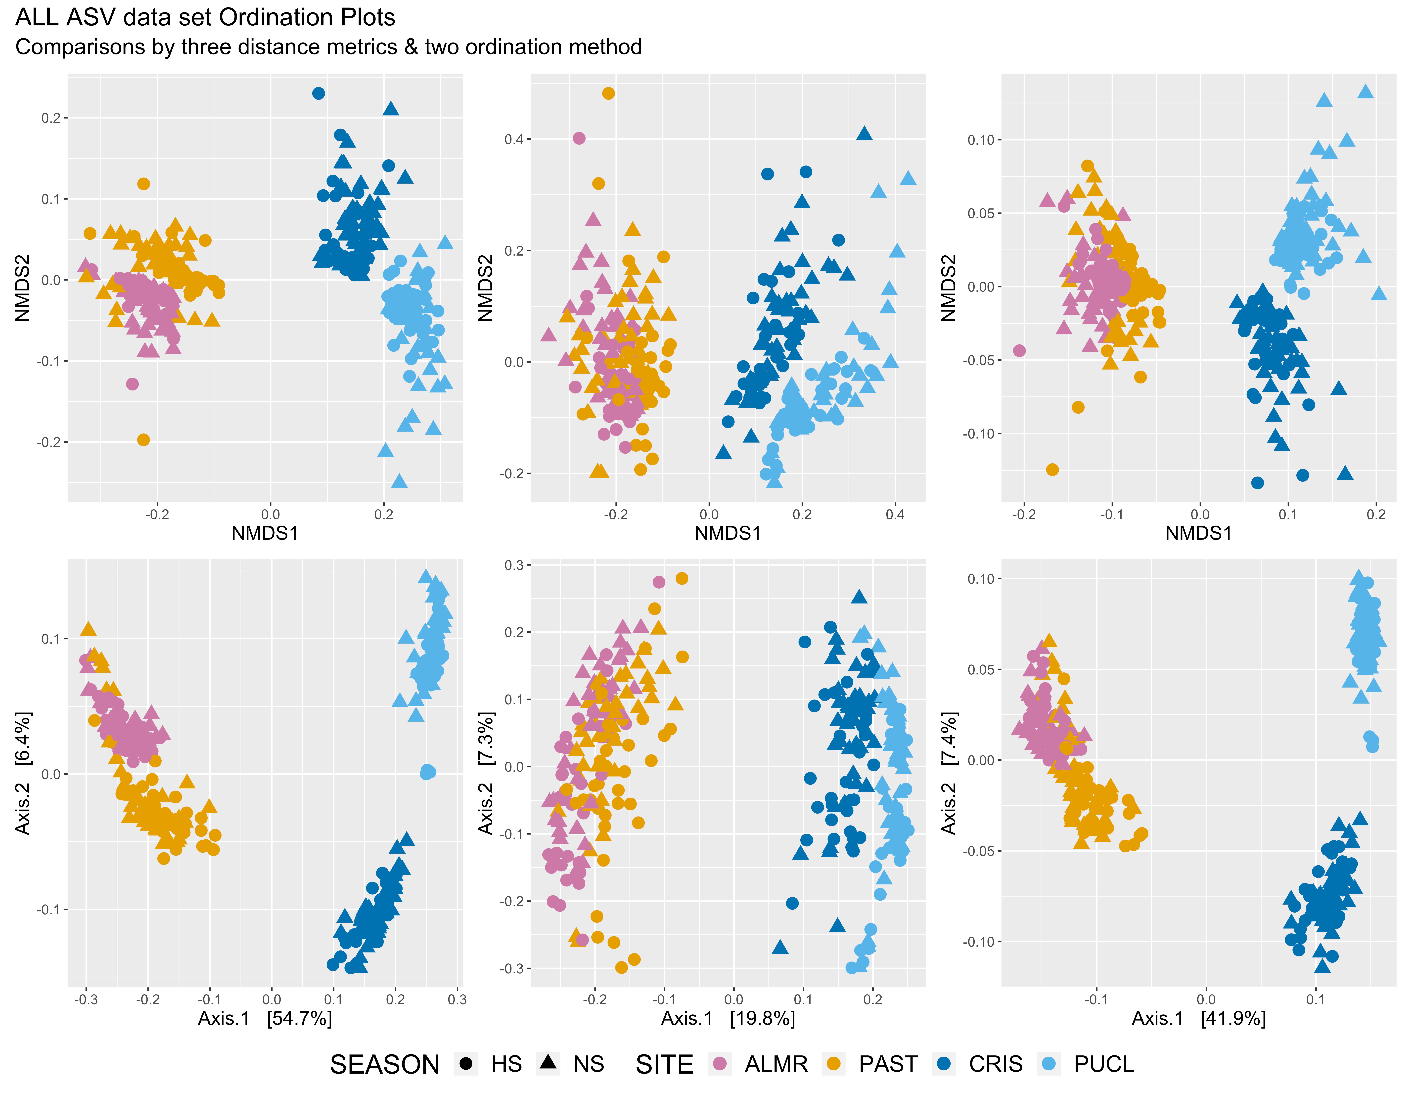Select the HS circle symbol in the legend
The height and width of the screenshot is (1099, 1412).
point(465,1063)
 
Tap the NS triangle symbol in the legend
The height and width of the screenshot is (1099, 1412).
point(548,1062)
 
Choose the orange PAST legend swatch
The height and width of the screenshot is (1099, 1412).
point(834,1063)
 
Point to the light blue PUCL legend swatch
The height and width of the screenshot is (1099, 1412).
point(1049,1063)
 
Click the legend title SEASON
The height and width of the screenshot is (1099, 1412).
point(385,1064)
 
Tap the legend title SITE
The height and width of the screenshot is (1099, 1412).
point(665,1064)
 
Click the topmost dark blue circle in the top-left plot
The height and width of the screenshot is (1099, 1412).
point(318,93)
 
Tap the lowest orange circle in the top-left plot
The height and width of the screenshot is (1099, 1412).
point(143,440)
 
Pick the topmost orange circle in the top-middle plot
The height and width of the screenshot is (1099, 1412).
point(608,93)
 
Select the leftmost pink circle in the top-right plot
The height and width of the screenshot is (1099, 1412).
point(1020,351)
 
